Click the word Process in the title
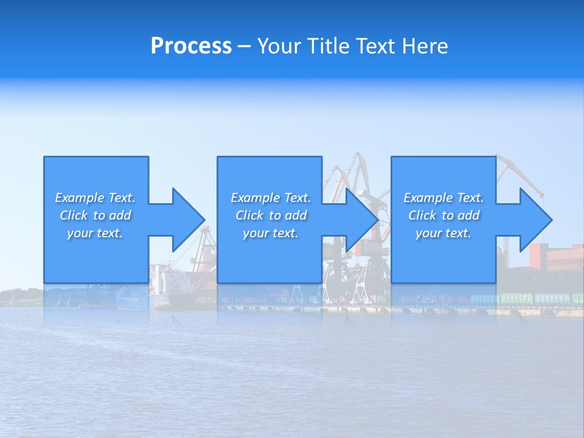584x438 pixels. tap(191, 46)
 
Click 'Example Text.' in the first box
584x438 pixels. tap(95, 198)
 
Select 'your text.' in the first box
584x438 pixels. tap(95, 233)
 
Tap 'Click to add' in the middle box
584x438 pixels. tap(271, 215)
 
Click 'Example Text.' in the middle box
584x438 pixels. tap(271, 198)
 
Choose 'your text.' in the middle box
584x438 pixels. tap(271, 233)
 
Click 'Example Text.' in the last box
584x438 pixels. tap(443, 198)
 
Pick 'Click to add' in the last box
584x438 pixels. tap(443, 215)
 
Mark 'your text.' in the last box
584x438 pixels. tap(443, 233)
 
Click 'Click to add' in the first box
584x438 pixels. tap(95, 215)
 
